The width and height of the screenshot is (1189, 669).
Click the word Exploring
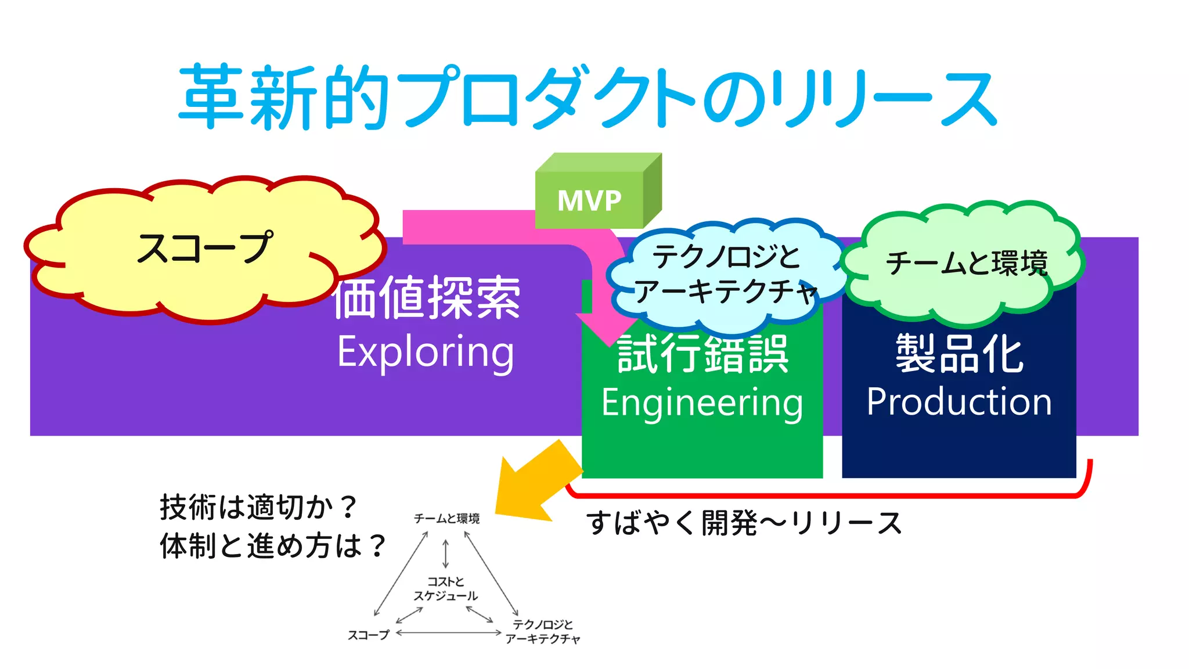pyautogui.click(x=426, y=352)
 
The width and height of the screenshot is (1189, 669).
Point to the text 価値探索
pyautogui.click(x=427, y=298)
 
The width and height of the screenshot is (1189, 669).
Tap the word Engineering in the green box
pyautogui.click(x=702, y=402)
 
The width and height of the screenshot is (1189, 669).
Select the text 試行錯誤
pyautogui.click(x=702, y=354)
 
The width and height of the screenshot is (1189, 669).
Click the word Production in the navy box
pyautogui.click(x=959, y=402)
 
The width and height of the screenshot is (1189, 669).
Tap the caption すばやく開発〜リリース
pyautogui.click(x=743, y=523)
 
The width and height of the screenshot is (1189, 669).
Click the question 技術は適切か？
pyautogui.click(x=258, y=507)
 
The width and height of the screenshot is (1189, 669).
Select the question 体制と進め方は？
pyautogui.click(x=272, y=546)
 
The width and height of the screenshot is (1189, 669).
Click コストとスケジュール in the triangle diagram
pyautogui.click(x=445, y=588)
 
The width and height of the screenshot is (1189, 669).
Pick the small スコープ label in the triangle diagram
pyautogui.click(x=368, y=635)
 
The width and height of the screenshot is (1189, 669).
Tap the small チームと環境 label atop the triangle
pyautogui.click(x=446, y=519)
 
